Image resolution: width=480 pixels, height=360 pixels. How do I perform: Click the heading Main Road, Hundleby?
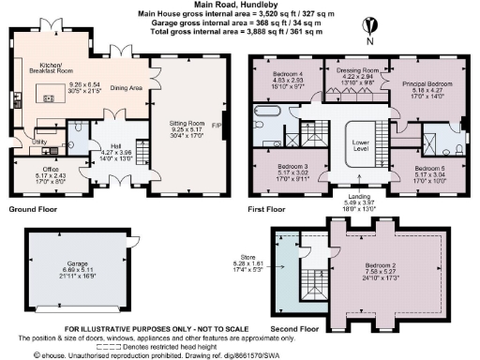coord(239,6)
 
